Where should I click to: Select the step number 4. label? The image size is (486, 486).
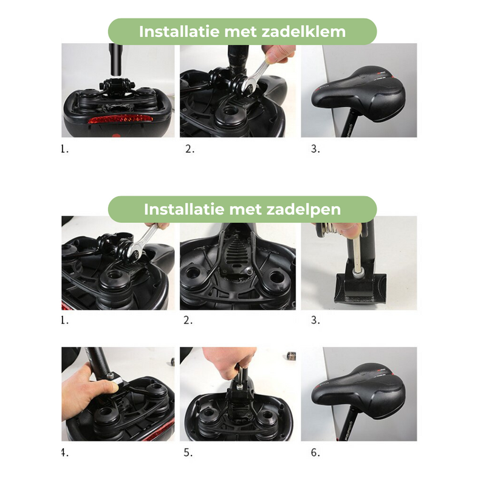pos(64,453)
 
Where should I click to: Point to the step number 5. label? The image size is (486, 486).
pos(190,453)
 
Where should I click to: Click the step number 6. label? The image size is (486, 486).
pos(315,453)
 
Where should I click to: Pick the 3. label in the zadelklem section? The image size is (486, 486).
pos(315,149)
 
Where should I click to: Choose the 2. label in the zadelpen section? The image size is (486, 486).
pos(190,320)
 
